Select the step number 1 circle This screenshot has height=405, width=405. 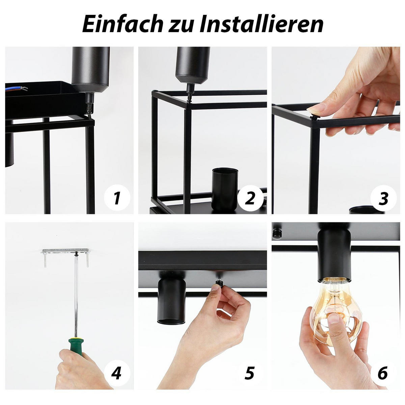[117, 198]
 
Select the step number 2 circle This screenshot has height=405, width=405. [250, 198]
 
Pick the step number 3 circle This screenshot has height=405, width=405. [383, 198]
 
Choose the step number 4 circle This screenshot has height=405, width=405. [117, 373]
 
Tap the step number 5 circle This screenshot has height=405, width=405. [250, 373]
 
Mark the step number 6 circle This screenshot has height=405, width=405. [383, 373]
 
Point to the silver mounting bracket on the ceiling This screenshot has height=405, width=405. [66, 251]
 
